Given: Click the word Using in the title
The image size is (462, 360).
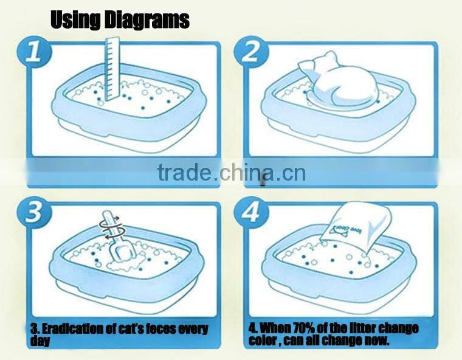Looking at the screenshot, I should coord(73,19).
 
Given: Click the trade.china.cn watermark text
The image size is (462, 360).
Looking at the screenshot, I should coord(231,173).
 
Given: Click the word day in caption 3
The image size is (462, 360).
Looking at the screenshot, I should coord(41,341).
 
